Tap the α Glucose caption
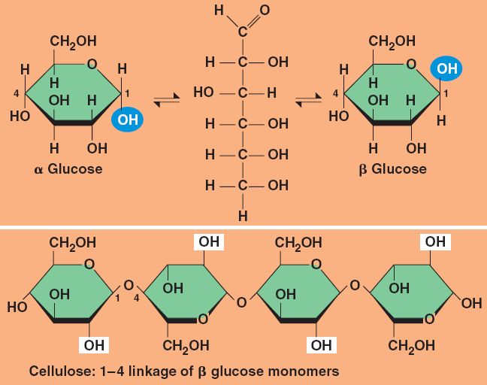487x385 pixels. click(x=68, y=168)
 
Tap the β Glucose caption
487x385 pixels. click(x=392, y=168)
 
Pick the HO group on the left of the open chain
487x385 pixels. click(x=204, y=94)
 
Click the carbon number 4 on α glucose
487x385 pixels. click(x=15, y=93)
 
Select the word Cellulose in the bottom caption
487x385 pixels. click(x=59, y=371)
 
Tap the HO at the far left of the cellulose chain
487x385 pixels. click(x=17, y=306)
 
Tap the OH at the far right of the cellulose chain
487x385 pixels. click(x=471, y=304)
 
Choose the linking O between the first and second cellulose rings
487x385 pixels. click(x=128, y=286)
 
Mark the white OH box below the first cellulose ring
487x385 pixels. click(x=94, y=345)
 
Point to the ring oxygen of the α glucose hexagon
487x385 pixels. click(x=92, y=66)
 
